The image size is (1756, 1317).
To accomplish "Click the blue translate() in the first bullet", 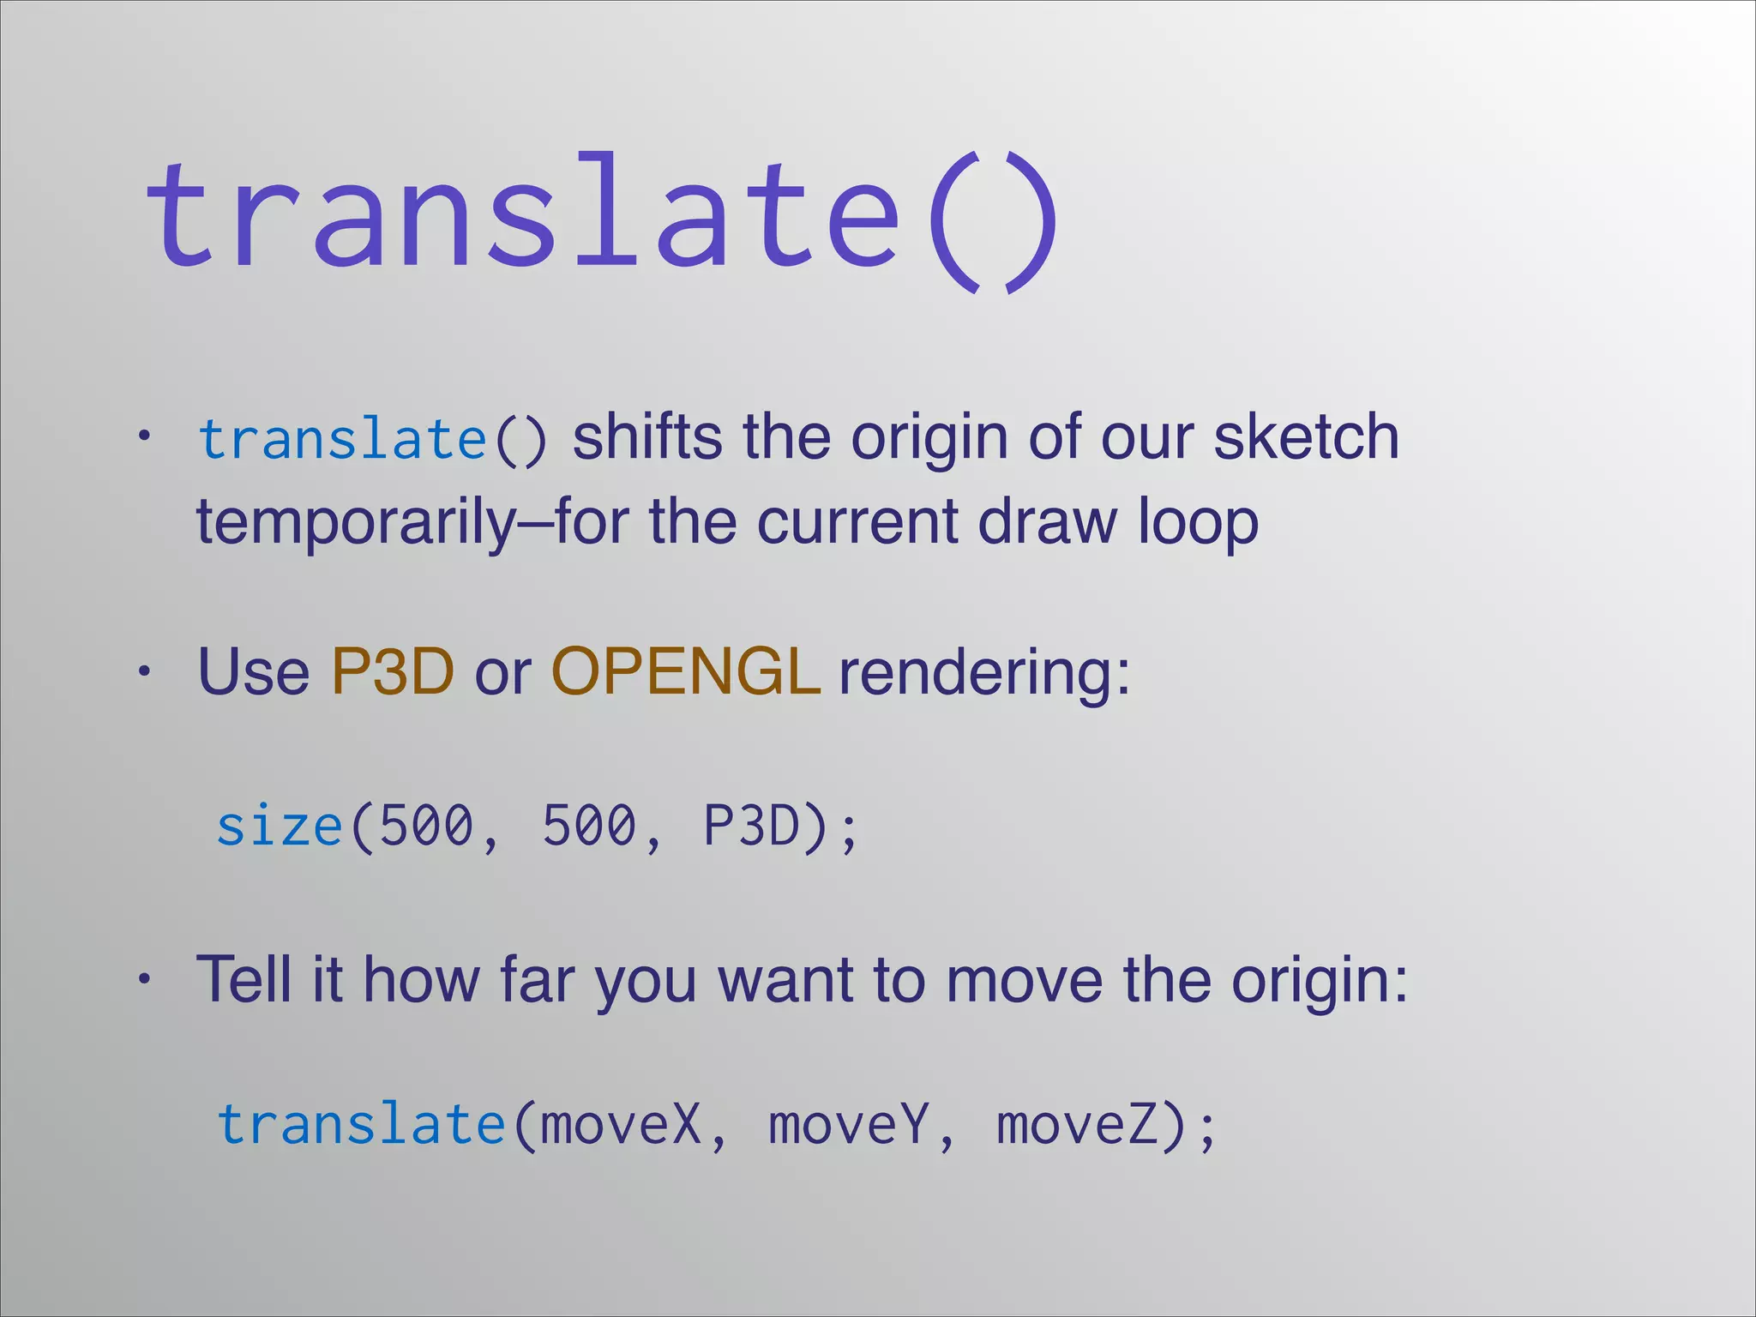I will (370, 439).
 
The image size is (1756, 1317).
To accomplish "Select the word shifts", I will (647, 437).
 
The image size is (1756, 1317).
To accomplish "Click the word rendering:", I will (984, 673).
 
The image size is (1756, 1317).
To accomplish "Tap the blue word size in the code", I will (280, 827).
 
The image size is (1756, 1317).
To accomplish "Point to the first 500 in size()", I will (426, 827).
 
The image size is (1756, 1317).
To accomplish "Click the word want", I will (785, 979).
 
